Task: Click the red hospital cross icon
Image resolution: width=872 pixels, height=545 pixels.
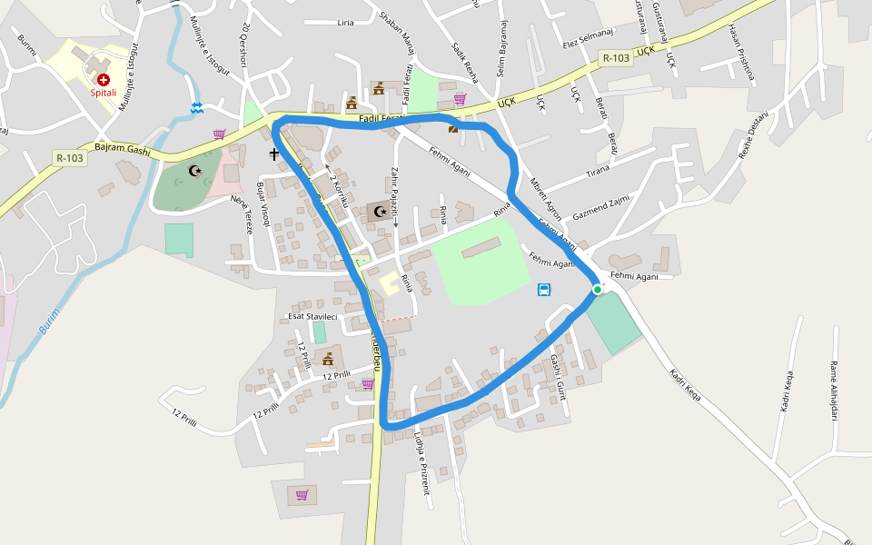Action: [104, 80]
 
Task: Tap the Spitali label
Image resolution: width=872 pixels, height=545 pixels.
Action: [103, 93]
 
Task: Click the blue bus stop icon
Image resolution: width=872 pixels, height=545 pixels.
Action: [544, 290]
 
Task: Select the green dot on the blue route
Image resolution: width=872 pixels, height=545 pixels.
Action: [598, 289]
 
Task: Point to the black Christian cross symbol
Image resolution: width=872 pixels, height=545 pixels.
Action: [273, 154]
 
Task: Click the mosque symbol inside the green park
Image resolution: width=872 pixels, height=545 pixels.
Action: [194, 170]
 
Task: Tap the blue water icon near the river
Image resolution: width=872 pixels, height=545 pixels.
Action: [196, 109]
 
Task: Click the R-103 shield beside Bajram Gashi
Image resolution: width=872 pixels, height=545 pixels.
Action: [69, 157]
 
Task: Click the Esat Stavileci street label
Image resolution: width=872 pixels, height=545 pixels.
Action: [312, 316]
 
